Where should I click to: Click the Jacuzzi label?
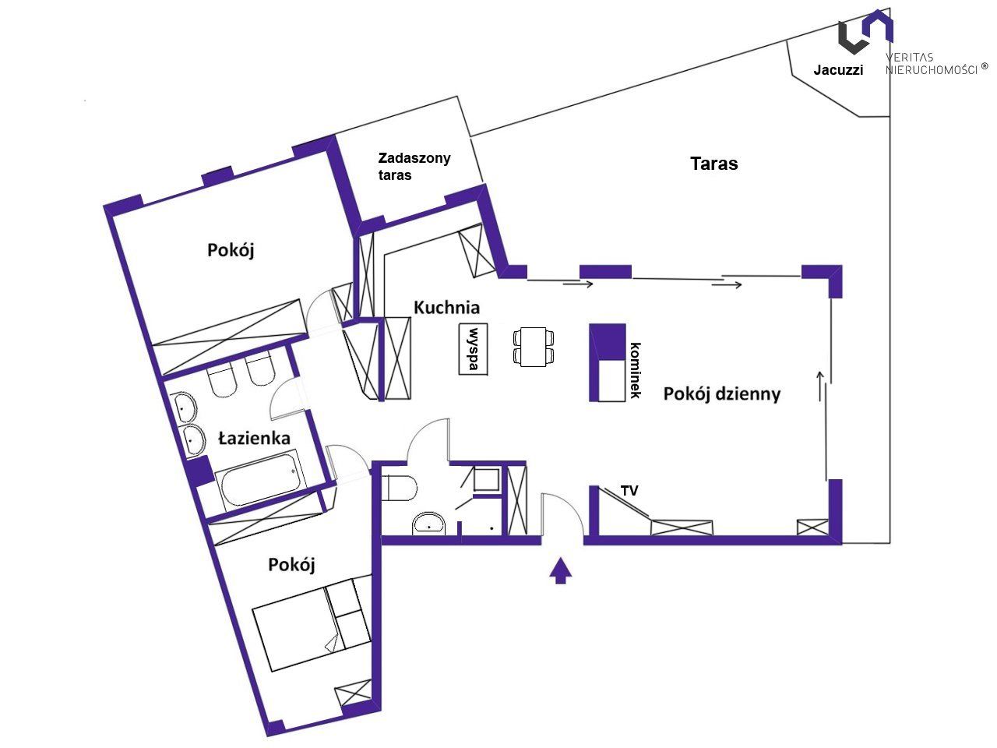[x=838, y=69]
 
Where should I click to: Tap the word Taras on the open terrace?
[x=714, y=164]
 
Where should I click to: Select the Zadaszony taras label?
[x=414, y=166]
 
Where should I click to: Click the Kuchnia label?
[x=446, y=308]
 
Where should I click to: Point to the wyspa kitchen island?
[x=473, y=349]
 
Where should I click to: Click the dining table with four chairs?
[x=534, y=347]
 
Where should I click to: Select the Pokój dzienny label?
[x=722, y=393]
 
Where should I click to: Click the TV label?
[x=629, y=491]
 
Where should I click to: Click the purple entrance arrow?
[x=561, y=570]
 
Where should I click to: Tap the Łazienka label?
[x=255, y=438]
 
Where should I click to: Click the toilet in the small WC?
[x=399, y=488]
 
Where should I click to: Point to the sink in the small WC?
[x=428, y=524]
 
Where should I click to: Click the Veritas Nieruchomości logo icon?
[x=865, y=31]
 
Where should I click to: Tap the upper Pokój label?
[x=231, y=250]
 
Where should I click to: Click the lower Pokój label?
[x=291, y=565]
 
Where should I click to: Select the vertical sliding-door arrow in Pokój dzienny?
[x=820, y=386]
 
